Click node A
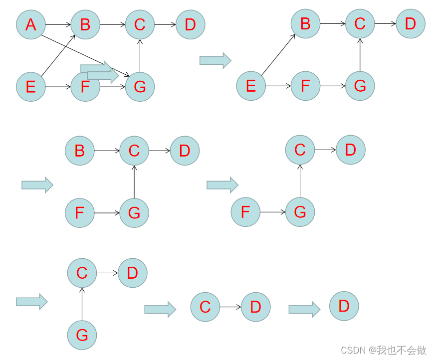point(31,24)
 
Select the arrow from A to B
point(58,24)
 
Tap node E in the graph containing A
point(31,87)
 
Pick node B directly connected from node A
point(85,24)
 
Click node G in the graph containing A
point(140,87)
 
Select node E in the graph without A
point(251,86)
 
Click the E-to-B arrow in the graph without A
point(278,55)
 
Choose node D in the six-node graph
point(411,23)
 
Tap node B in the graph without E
point(79,150)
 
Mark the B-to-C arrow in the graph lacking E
point(107,150)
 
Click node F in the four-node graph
point(245,212)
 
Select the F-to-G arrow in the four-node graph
point(272,212)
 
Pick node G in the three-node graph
point(82,335)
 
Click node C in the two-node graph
point(205,307)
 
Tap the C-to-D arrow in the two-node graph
point(230,307)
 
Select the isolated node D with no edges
point(344,306)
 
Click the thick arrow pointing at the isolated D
point(304,309)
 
